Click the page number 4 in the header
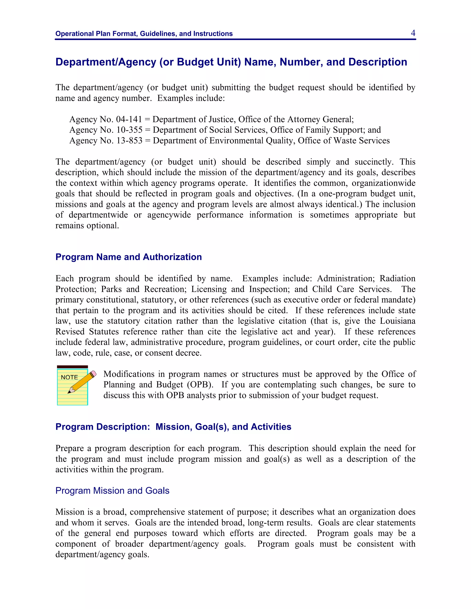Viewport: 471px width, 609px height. [413, 33]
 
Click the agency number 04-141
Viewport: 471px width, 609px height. [129, 119]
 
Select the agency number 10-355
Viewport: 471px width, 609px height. [129, 130]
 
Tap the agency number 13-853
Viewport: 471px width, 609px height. [129, 141]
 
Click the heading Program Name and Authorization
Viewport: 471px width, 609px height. [129, 257]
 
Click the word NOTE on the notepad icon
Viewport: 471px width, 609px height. [69, 377]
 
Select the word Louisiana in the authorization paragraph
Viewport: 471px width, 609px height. [397, 321]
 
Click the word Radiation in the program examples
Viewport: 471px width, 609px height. [397, 279]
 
